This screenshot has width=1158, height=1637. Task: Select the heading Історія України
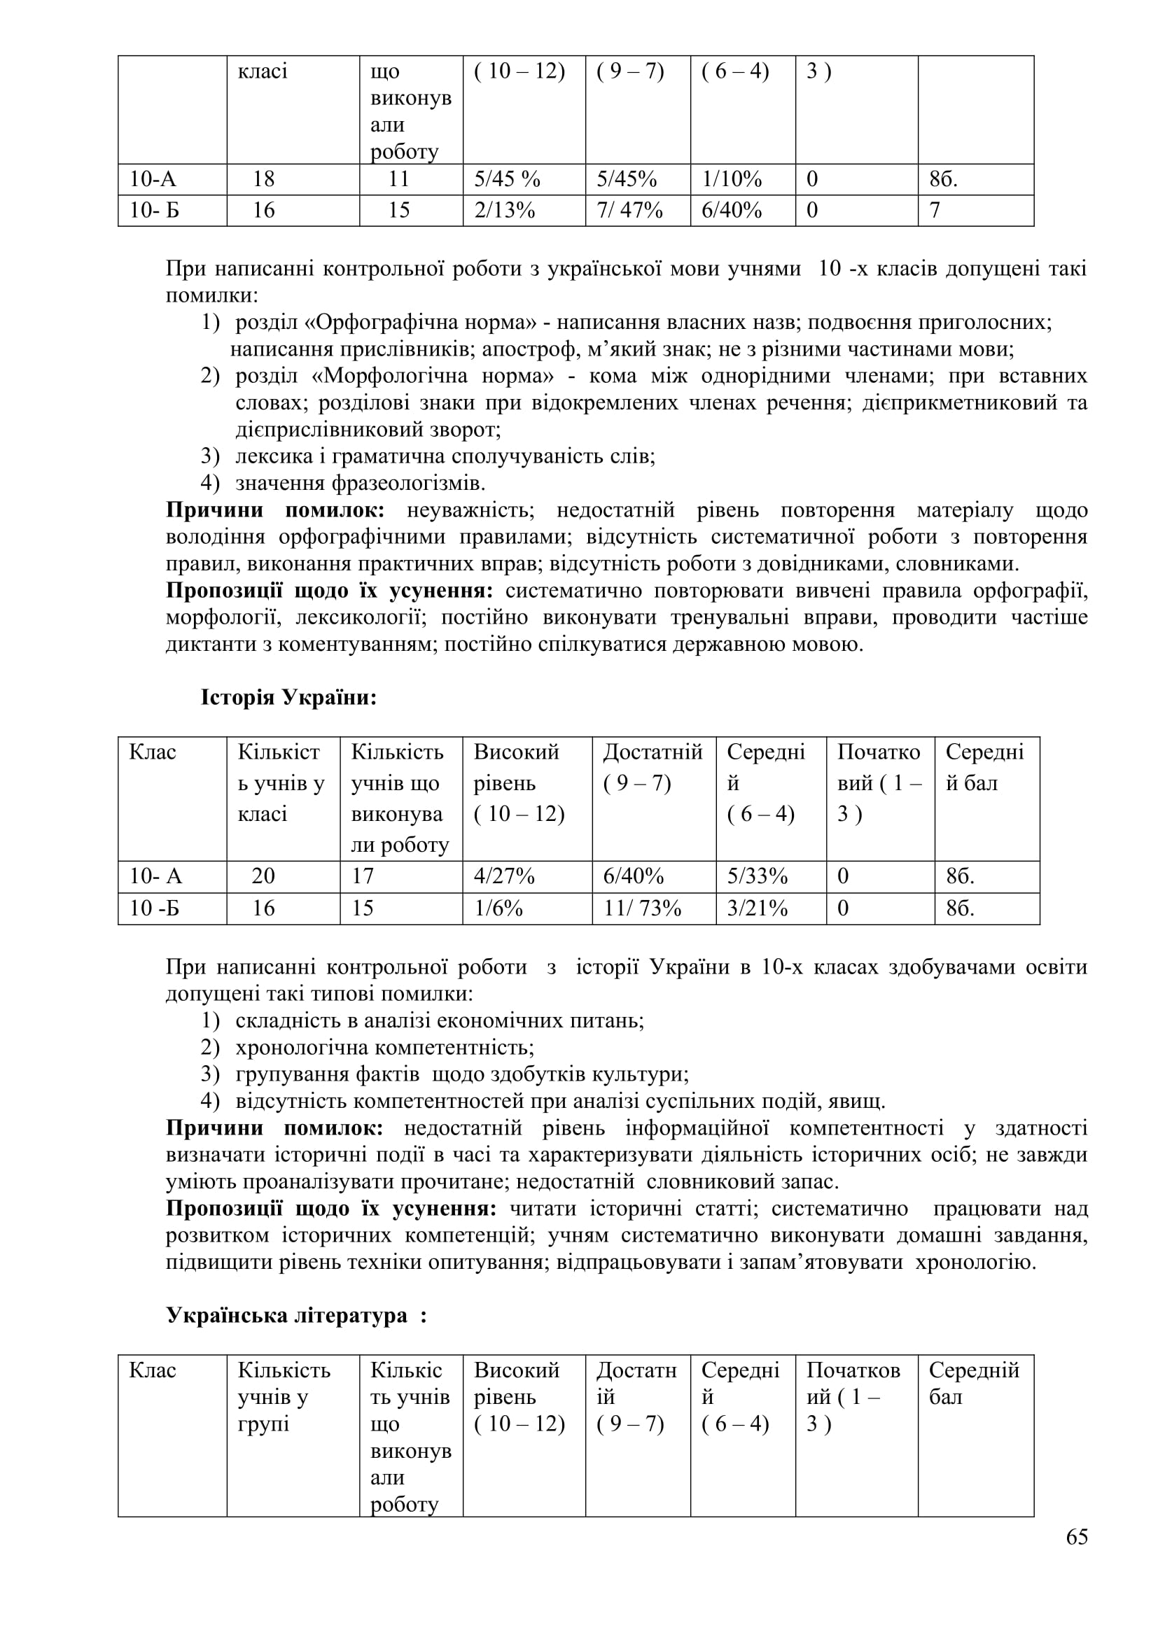coord(288,697)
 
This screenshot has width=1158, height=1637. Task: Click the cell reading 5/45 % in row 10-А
coord(507,179)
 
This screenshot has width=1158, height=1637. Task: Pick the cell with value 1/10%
coord(732,179)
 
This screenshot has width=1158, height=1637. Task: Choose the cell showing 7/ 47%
coord(629,211)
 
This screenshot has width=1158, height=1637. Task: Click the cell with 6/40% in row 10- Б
coord(732,211)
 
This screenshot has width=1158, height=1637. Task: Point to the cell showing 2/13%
coord(504,211)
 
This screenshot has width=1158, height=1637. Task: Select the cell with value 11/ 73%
coord(642,908)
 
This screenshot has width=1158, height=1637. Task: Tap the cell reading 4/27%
coord(504,876)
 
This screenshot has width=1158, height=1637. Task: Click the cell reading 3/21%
coord(758,908)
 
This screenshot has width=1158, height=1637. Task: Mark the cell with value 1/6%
coord(498,908)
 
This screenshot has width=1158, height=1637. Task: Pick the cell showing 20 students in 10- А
coord(263,876)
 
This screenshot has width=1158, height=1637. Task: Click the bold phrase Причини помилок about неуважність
coord(275,510)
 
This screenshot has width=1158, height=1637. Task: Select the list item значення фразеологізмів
coord(360,484)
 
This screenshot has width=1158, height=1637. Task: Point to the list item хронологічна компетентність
coord(385,1048)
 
